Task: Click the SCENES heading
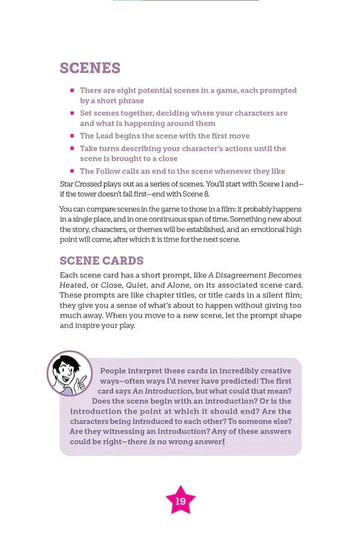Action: [x=90, y=68]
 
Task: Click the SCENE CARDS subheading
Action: [x=101, y=260]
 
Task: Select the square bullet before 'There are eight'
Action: [x=72, y=91]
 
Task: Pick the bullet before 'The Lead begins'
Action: [x=72, y=136]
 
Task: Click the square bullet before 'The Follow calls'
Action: [x=72, y=171]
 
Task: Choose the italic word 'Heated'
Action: [x=73, y=285]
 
